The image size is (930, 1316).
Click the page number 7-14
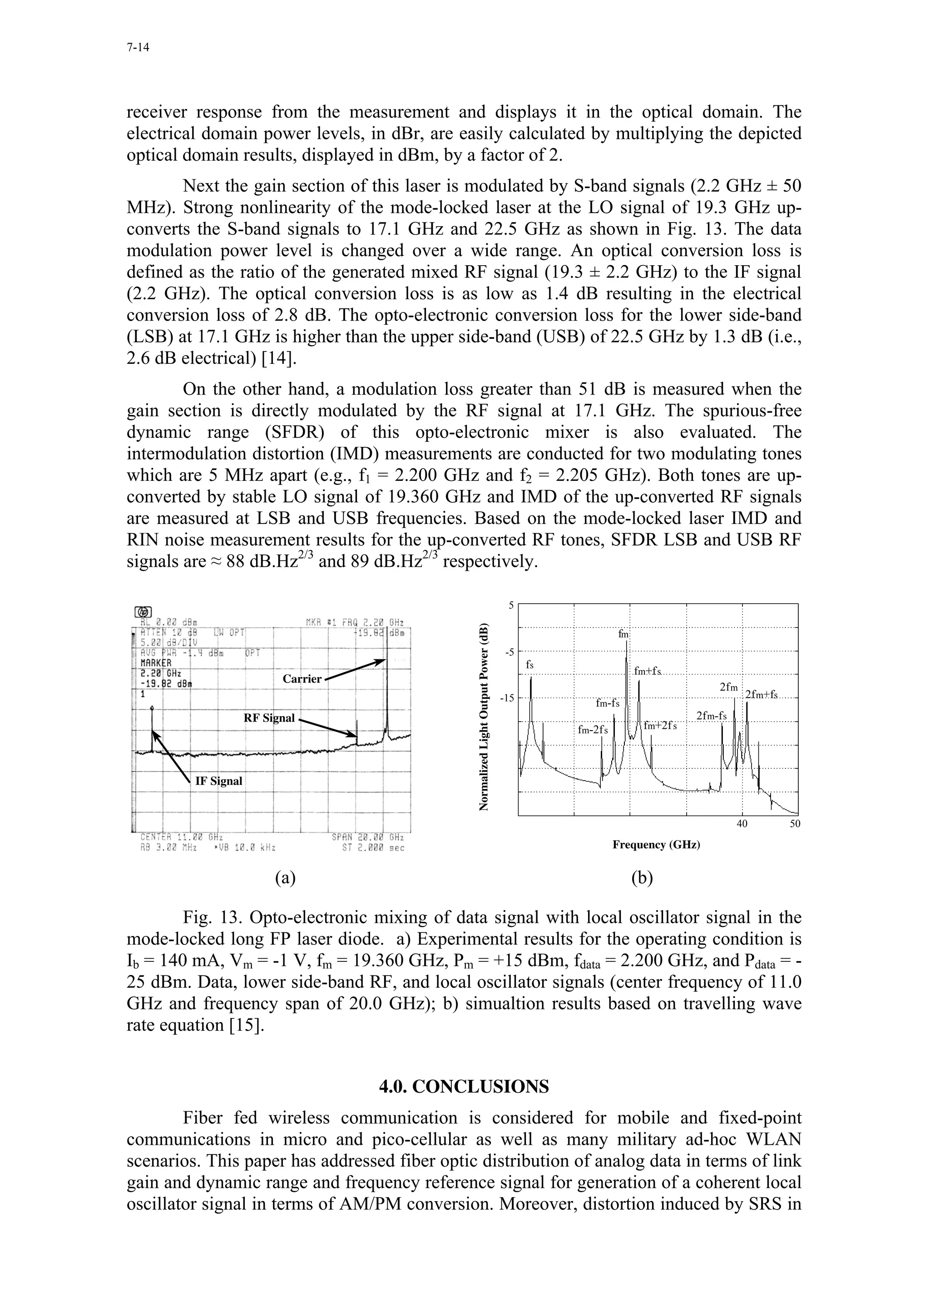click(138, 48)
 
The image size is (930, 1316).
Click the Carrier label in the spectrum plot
click(302, 678)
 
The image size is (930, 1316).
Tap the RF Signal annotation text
click(269, 718)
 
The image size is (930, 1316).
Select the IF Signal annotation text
click(218, 781)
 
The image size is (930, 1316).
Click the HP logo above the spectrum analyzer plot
click(143, 612)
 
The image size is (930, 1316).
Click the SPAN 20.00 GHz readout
click(367, 837)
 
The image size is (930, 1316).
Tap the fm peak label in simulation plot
click(623, 634)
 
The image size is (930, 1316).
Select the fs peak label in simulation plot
click(530, 664)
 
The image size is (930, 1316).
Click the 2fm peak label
click(728, 687)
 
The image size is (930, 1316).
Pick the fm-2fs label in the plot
click(593, 730)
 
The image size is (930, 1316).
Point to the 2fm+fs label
click(761, 695)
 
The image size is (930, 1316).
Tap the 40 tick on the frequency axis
click(742, 824)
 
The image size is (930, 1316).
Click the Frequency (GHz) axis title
click(656, 844)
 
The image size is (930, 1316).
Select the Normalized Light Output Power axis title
click(484, 708)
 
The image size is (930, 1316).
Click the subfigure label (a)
click(285, 877)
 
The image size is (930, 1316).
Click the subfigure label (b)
click(642, 877)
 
